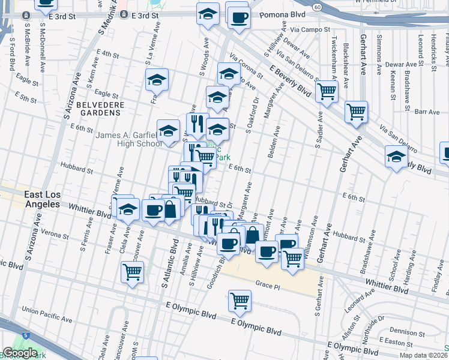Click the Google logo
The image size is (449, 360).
click(20, 353)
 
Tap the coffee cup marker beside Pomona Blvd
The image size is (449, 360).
click(238, 17)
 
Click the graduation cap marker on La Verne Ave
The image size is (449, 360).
click(157, 80)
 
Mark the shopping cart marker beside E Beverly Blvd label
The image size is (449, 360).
click(327, 92)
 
